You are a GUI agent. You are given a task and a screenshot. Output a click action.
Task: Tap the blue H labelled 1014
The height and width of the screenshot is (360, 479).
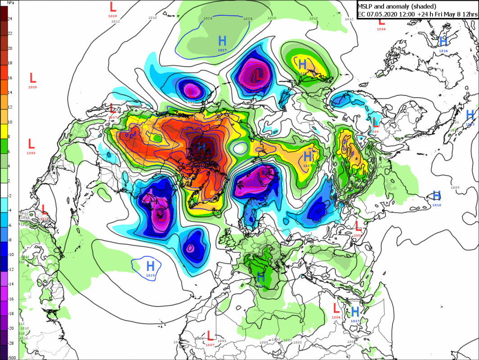tap(443, 42)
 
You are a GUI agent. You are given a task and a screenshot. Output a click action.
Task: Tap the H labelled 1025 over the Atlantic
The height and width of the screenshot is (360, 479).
tap(150, 265)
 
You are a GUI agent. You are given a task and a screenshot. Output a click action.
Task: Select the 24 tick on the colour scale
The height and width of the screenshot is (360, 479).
tap(10, 18)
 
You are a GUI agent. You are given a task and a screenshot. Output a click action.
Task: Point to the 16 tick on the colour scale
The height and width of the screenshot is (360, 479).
tap(10, 78)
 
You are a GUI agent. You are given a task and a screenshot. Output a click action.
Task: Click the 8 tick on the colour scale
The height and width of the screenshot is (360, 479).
tap(10, 137)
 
